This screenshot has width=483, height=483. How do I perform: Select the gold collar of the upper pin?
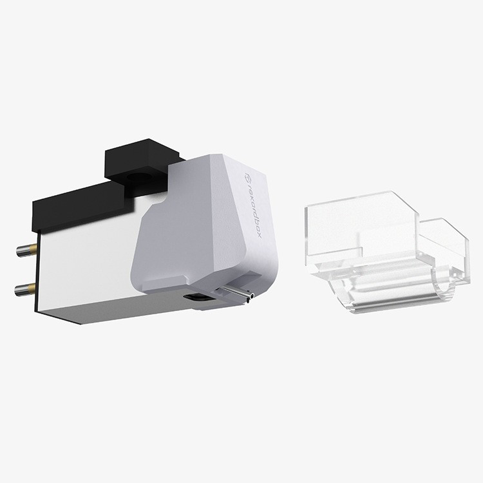click(30, 249)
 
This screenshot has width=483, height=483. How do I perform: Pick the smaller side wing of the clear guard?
click(444, 248)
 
